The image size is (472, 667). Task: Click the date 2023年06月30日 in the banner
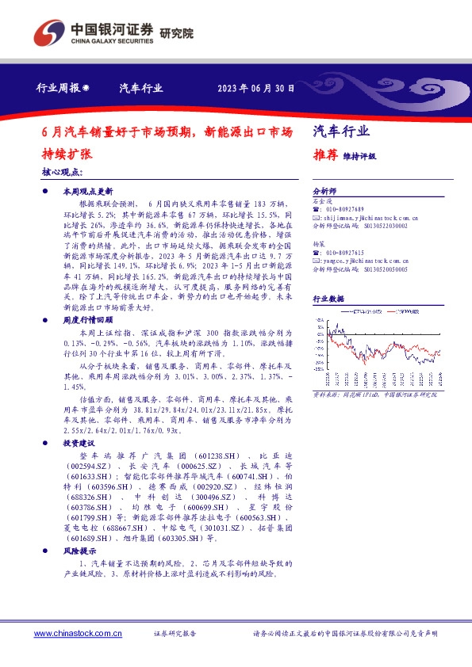coord(256,89)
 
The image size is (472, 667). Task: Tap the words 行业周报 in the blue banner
coord(58,89)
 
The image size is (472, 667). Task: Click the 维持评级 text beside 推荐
coord(359,156)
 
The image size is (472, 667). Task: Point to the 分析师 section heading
coord(325,192)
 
